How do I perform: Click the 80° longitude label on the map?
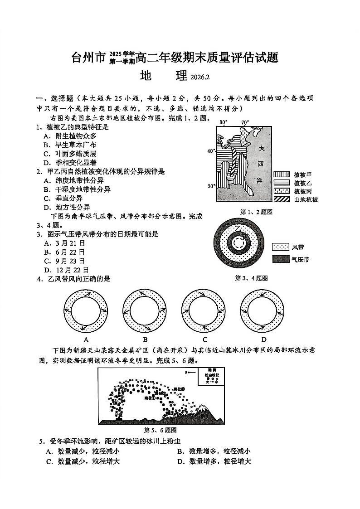point(223,122)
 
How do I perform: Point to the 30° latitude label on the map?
point(210,186)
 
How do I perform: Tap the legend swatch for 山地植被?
point(281,199)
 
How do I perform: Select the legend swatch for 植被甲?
point(281,175)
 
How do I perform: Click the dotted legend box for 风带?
point(280,247)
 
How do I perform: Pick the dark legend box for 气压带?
point(280,259)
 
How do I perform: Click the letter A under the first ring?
point(86,339)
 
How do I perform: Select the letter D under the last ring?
point(263,339)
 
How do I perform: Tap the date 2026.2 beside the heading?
point(199,78)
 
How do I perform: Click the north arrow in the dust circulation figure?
point(190,372)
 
